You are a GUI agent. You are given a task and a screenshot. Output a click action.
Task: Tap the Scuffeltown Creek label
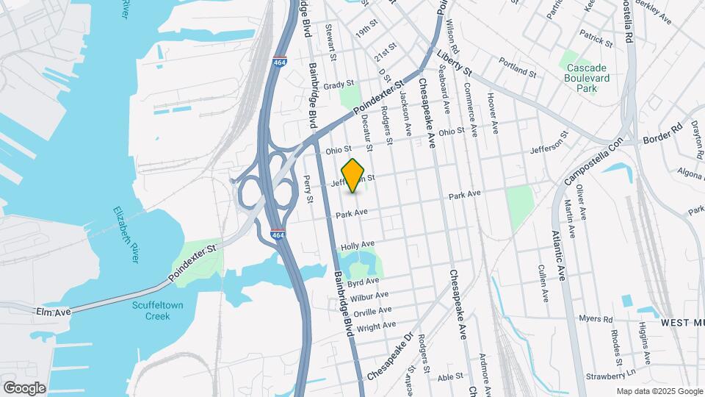[151, 310]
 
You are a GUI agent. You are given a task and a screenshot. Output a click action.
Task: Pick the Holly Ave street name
[358, 245]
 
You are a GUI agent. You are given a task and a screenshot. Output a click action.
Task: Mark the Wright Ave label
[380, 326]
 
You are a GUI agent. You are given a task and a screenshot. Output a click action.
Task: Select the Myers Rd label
[596, 319]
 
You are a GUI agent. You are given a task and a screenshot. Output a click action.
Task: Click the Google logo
[24, 387]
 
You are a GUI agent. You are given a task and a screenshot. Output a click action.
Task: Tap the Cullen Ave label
[544, 284]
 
